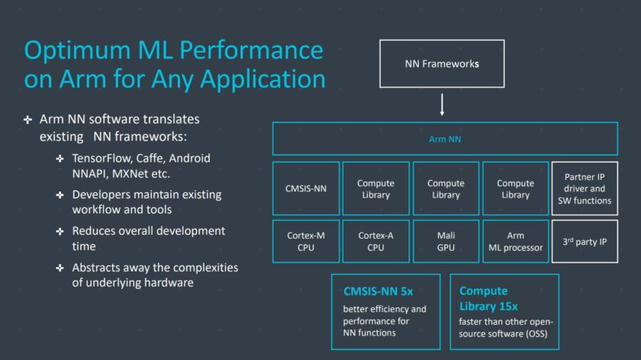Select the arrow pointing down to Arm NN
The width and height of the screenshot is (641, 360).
pyautogui.click(x=442, y=104)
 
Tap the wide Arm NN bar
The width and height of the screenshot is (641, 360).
pyautogui.click(x=445, y=140)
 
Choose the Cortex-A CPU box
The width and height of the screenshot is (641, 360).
pyautogui.click(x=375, y=241)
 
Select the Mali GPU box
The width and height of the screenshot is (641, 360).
pyautogui.click(x=446, y=241)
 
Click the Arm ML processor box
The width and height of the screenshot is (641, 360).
pyautogui.click(x=515, y=241)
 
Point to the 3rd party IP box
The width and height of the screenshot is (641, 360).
pyautogui.click(x=585, y=241)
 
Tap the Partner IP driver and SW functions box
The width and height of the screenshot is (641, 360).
pyautogui.click(x=585, y=188)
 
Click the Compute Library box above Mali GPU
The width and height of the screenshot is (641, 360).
pyautogui.click(x=446, y=188)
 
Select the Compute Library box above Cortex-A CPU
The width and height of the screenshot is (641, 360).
pyautogui.click(x=375, y=188)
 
